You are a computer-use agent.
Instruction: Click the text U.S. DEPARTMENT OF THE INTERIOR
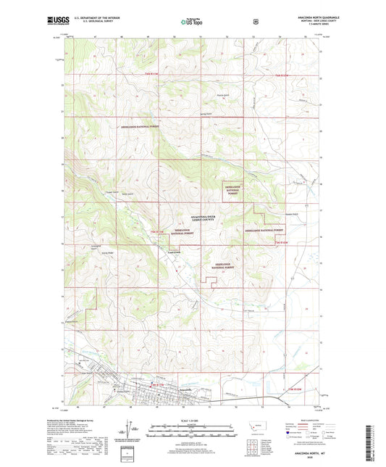pyautogui.click(x=91, y=16)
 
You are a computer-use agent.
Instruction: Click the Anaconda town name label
pyautogui.click(x=184, y=390)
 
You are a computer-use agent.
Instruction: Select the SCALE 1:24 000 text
pyautogui.click(x=192, y=420)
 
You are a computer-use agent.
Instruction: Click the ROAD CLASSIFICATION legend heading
pyautogui.click(x=298, y=420)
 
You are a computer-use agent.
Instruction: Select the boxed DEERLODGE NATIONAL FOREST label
pyautogui.click(x=232, y=191)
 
